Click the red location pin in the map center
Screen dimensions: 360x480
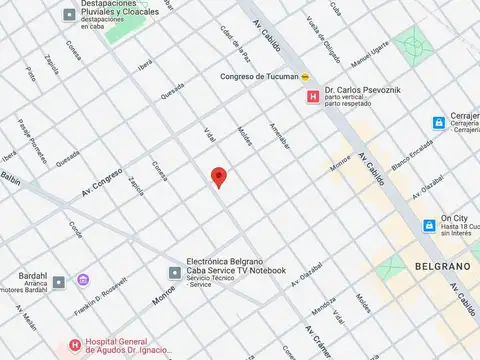coord(219,178)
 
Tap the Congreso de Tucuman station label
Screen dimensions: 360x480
coord(259,77)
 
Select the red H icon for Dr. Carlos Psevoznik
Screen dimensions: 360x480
coord(312,97)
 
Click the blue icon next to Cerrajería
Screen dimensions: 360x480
coord(438,123)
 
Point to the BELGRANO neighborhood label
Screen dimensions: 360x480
coord(439,268)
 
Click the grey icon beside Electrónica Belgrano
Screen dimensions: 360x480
coord(174,272)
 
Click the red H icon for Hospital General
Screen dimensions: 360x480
coord(73,346)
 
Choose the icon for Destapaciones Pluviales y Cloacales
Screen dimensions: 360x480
coord(68,15)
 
